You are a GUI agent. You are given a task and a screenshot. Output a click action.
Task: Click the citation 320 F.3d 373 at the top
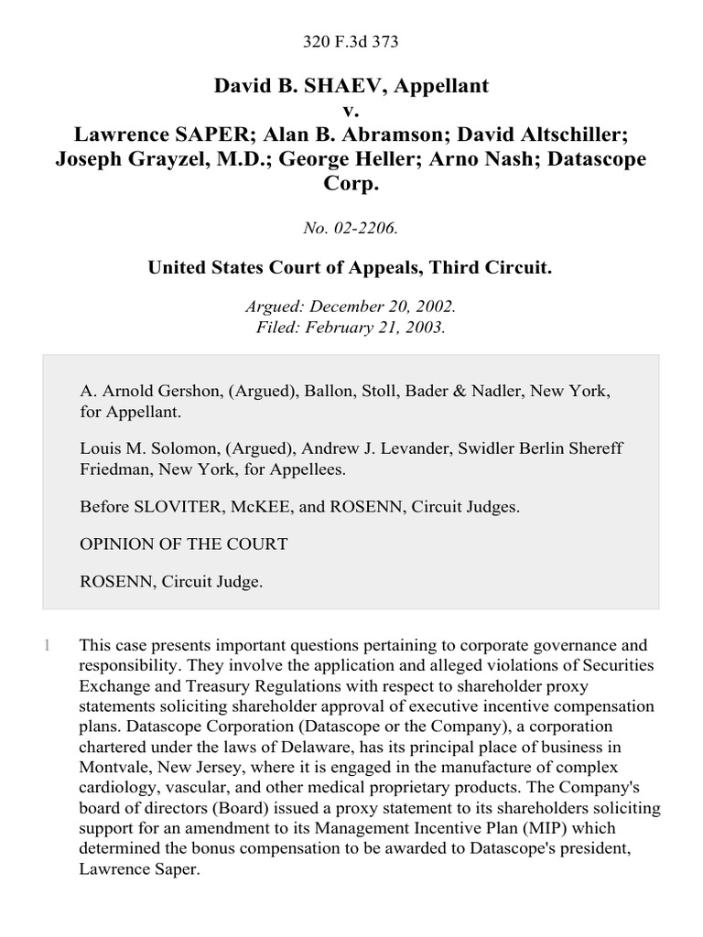pyautogui.click(x=351, y=42)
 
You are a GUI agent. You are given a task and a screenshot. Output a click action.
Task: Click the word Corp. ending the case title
pyautogui.click(x=351, y=182)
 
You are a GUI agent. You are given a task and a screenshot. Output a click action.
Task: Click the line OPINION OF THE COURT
pyautogui.click(x=184, y=544)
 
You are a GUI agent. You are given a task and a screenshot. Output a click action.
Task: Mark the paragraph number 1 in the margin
pyautogui.click(x=46, y=645)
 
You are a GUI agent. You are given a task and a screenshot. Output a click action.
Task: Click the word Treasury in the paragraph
pyautogui.click(x=196, y=685)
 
